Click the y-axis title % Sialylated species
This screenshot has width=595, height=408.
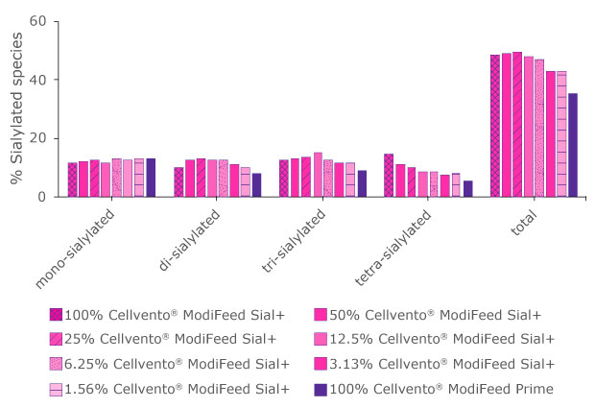(15, 108)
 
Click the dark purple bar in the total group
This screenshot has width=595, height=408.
(573, 145)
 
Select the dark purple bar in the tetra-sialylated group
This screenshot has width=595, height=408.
(467, 189)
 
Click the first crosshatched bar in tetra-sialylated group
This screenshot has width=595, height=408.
(389, 175)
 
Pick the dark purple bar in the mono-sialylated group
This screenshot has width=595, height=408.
(151, 178)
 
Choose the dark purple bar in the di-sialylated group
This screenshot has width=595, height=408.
(256, 185)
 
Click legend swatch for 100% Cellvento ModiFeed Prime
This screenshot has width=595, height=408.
(321, 389)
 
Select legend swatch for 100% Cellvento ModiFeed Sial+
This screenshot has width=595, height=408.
(57, 314)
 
